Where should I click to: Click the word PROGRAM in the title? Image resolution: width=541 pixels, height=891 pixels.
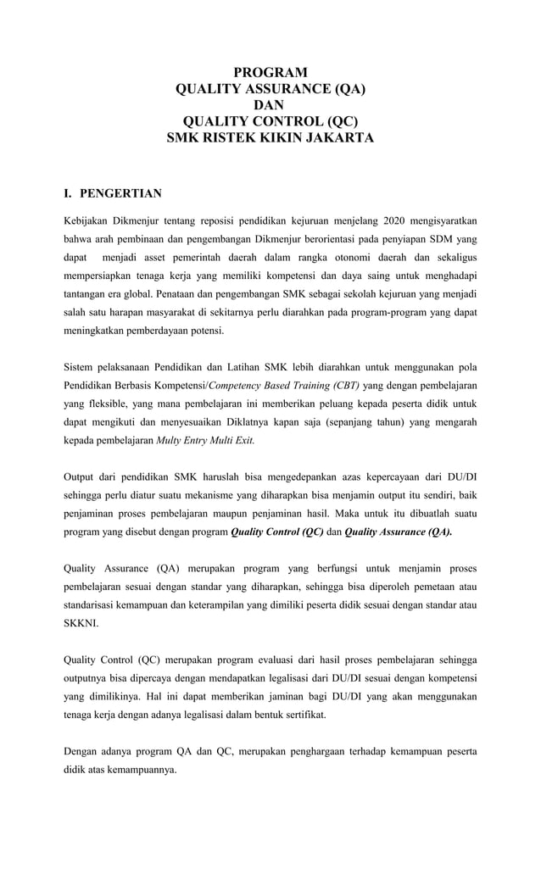tap(270, 72)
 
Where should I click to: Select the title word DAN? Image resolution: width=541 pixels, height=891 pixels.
tap(270, 104)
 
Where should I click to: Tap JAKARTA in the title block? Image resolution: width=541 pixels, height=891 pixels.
tap(331, 136)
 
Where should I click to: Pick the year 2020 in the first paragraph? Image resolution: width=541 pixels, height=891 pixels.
tap(399, 221)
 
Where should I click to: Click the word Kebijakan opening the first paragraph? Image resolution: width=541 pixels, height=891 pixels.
tap(89, 221)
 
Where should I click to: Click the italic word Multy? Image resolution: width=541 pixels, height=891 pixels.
tap(173, 441)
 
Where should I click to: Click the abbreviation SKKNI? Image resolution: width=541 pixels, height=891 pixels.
tap(81, 623)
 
